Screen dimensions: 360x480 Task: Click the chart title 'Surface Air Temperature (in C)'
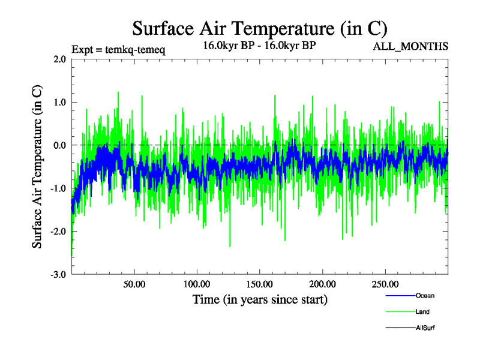click(259, 28)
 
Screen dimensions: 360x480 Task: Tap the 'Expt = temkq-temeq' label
click(118, 49)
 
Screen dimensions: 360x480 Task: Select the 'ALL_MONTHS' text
click(410, 46)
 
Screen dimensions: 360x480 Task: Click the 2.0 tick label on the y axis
click(59, 59)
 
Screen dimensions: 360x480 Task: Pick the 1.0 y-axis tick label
click(59, 102)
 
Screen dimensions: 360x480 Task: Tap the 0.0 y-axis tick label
click(59, 145)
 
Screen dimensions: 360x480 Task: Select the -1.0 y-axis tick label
click(58, 188)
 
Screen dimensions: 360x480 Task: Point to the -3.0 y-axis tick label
click(58, 275)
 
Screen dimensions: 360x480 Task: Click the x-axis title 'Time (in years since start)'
click(260, 299)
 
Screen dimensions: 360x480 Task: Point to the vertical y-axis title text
click(37, 167)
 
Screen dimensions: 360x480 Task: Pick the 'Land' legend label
click(422, 312)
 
